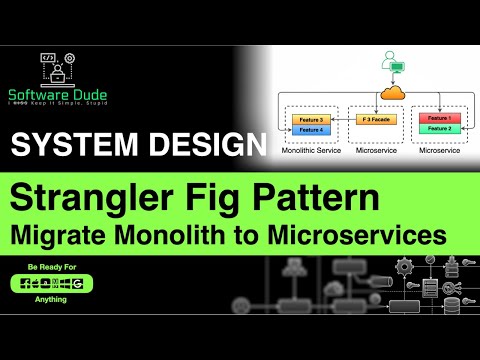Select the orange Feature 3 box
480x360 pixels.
click(308, 118)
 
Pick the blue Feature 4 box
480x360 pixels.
click(308, 129)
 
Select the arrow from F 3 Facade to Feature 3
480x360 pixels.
click(340, 118)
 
